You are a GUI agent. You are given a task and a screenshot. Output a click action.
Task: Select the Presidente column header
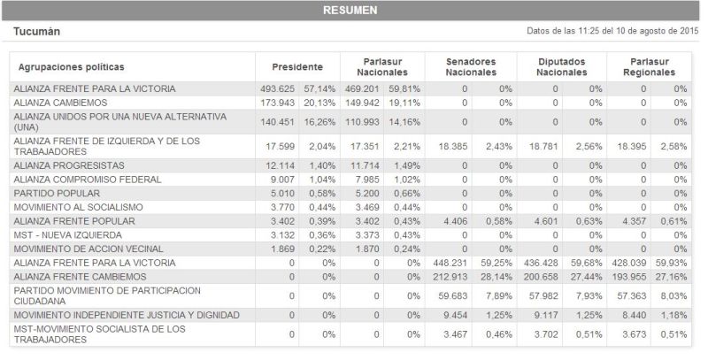(296, 66)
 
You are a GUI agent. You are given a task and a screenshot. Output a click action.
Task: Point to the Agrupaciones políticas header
(71, 66)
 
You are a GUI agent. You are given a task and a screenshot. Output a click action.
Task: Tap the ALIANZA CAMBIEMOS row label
(61, 103)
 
